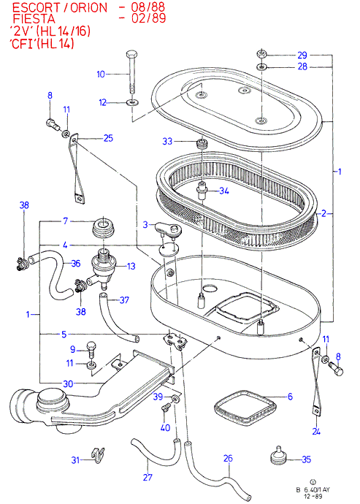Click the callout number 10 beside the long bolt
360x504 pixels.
(101, 75)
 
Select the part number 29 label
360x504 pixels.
(302, 56)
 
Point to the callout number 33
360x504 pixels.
(167, 141)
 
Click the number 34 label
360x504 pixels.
(224, 191)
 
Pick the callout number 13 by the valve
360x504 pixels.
(131, 266)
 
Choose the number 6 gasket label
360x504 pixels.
(290, 397)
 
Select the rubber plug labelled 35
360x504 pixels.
(278, 457)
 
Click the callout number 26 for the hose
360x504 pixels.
(228, 458)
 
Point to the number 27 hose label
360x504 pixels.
(148, 477)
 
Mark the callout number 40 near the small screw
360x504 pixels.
(165, 428)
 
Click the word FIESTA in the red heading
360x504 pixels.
(34, 19)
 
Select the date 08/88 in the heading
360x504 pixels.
(148, 7)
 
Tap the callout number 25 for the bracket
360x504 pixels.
(108, 138)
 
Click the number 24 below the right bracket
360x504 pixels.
(316, 432)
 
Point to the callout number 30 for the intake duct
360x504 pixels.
(68, 383)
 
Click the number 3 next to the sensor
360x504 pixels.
(145, 224)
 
